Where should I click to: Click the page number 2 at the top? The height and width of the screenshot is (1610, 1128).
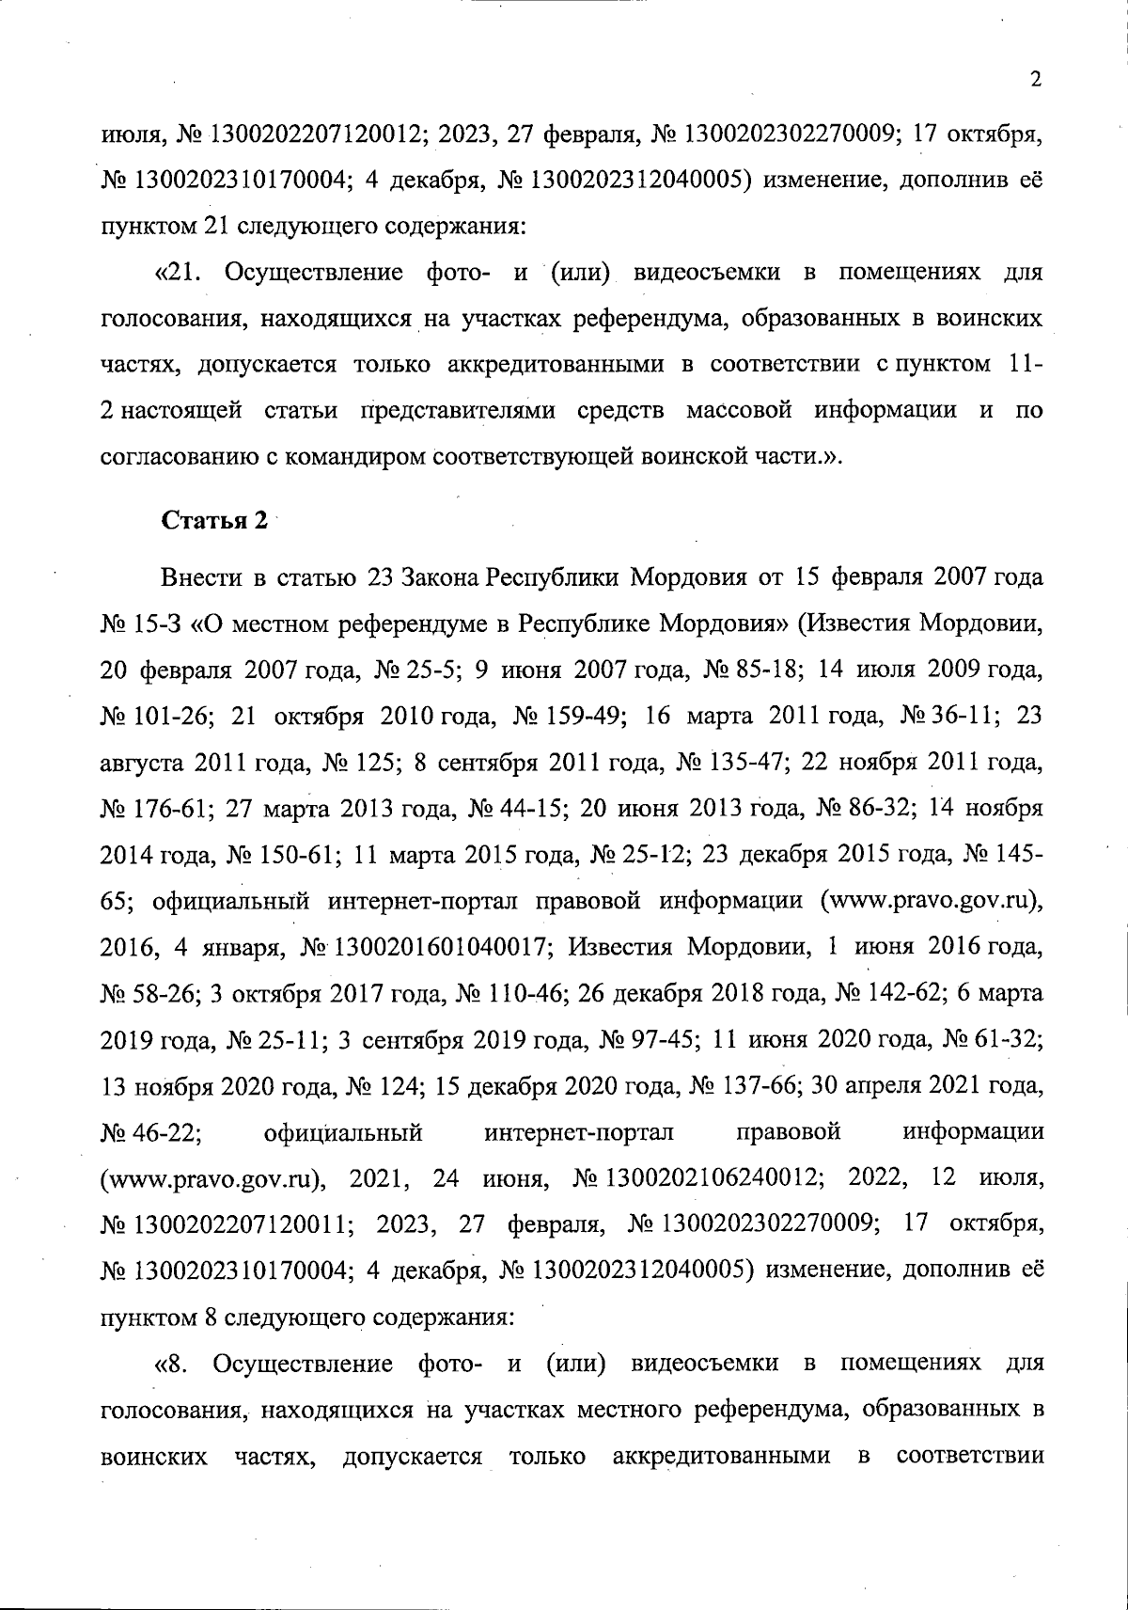(x=1035, y=80)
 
